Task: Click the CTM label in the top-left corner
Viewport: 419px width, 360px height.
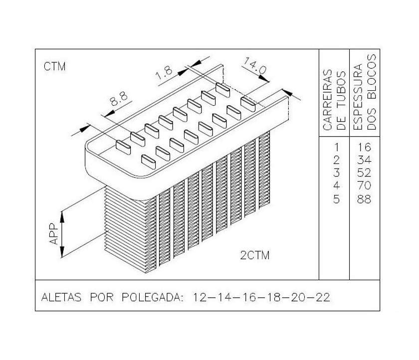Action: point(55,66)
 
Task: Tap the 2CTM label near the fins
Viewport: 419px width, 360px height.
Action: point(255,255)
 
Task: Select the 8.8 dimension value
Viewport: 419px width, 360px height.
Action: point(119,99)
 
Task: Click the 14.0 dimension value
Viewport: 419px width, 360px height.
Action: point(255,66)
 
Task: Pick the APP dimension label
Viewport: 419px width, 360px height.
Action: point(54,234)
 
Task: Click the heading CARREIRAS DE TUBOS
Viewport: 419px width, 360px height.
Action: point(334,100)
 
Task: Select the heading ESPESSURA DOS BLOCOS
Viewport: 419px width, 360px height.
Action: point(365,92)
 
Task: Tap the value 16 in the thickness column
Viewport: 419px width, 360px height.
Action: point(365,147)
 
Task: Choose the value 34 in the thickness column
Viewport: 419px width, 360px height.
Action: point(364,160)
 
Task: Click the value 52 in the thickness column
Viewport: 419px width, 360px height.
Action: point(364,173)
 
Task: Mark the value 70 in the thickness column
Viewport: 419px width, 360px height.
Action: point(364,185)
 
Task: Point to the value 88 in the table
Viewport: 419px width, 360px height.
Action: point(364,199)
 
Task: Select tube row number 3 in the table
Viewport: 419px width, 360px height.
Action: point(336,173)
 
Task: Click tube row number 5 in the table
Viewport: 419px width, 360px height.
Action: point(336,199)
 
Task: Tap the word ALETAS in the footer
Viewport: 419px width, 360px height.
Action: point(61,297)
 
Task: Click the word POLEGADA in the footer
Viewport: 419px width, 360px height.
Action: point(153,297)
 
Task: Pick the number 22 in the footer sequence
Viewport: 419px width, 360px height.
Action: point(323,297)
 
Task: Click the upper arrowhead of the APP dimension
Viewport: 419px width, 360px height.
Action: point(62,216)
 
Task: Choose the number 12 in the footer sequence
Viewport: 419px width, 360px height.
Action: point(200,297)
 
